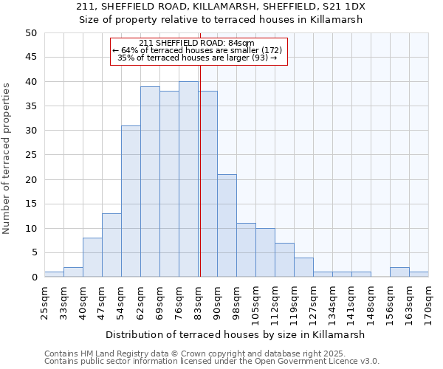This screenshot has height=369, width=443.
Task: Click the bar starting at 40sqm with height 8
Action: [x=92, y=258]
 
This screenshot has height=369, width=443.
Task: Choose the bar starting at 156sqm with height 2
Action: [x=399, y=272]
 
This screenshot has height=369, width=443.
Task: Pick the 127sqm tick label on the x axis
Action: [x=313, y=303]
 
